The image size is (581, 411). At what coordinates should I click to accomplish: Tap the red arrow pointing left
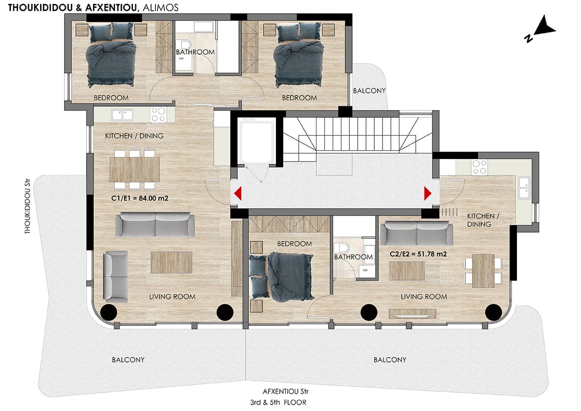(x=238, y=193)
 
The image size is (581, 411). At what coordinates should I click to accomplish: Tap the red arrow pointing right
(x=427, y=193)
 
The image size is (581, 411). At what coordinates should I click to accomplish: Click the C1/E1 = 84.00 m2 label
(x=140, y=198)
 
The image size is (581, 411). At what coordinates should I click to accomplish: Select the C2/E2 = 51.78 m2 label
(x=418, y=254)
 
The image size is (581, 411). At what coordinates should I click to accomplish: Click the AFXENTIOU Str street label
(x=285, y=391)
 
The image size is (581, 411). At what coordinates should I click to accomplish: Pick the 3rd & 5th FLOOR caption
(x=278, y=403)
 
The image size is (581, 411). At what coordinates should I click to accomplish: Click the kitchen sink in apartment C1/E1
(x=122, y=115)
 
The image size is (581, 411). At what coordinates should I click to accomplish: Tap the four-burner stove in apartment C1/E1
(x=158, y=114)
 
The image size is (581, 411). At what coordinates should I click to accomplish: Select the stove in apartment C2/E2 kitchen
(x=479, y=167)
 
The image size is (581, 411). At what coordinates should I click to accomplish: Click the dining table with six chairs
(x=134, y=169)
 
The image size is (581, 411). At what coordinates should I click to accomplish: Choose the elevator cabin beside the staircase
(x=256, y=140)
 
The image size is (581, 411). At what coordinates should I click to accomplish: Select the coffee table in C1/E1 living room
(x=171, y=262)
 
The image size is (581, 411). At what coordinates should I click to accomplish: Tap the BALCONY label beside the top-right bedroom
(x=369, y=91)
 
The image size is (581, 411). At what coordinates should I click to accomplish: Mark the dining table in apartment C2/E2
(x=483, y=271)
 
